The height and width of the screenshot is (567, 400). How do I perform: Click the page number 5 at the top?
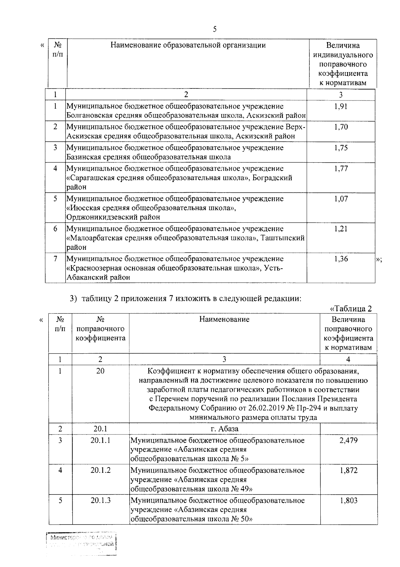[x=215, y=29]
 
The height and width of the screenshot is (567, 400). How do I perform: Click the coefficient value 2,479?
[x=349, y=440]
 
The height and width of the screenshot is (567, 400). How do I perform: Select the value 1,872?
[x=349, y=470]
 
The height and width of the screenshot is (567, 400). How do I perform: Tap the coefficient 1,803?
[x=349, y=500]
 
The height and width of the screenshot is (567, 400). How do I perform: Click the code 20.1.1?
[x=100, y=440]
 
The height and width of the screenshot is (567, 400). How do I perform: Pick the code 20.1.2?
[x=100, y=470]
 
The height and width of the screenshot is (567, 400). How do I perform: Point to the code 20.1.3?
[x=100, y=500]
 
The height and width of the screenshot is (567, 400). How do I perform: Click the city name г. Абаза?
[x=224, y=429]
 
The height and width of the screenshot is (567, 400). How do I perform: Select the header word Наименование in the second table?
[x=224, y=319]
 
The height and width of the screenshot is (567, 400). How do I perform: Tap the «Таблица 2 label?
[x=350, y=309]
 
